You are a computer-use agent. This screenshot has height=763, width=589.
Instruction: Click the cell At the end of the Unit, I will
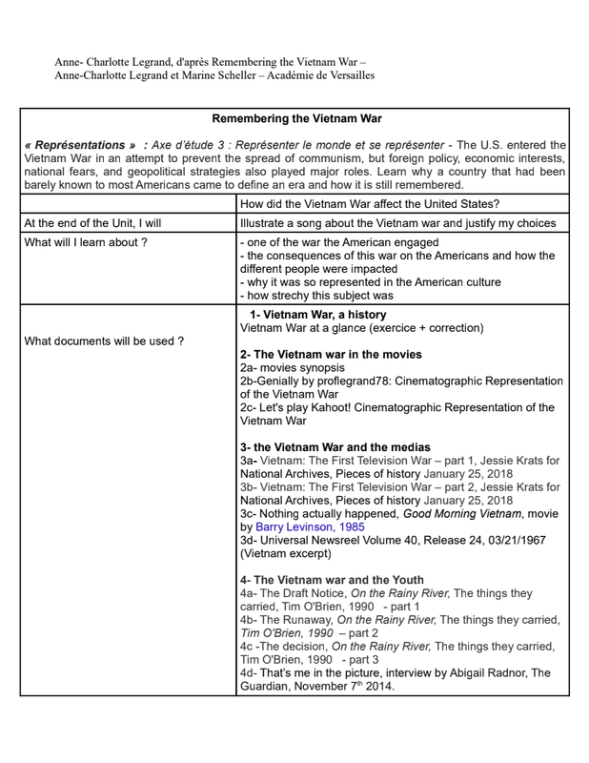tap(92, 223)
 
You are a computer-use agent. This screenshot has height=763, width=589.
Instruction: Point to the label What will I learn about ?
tap(86, 242)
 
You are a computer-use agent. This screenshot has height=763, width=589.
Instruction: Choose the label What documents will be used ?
tap(104, 340)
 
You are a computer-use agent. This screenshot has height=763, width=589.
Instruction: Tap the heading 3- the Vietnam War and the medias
tap(335, 446)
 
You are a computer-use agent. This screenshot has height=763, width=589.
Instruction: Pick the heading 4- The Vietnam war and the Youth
tap(333, 579)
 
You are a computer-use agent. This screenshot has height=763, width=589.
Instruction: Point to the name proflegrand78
tap(358, 381)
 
